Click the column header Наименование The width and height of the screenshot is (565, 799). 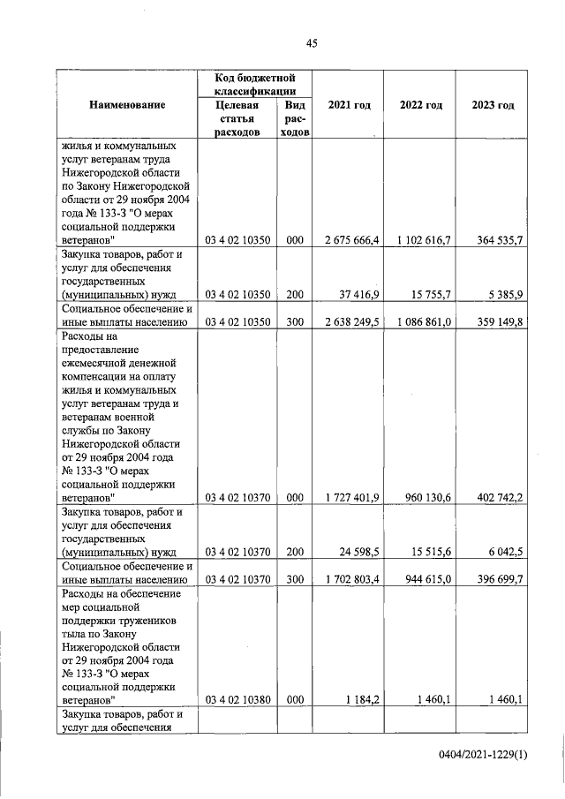[128, 105]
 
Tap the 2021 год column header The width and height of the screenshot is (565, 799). [349, 105]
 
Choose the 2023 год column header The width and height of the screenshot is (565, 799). [493, 105]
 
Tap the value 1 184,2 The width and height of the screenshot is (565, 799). [363, 699]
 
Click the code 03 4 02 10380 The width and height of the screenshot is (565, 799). [238, 699]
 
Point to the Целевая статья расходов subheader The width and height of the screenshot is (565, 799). [238, 118]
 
